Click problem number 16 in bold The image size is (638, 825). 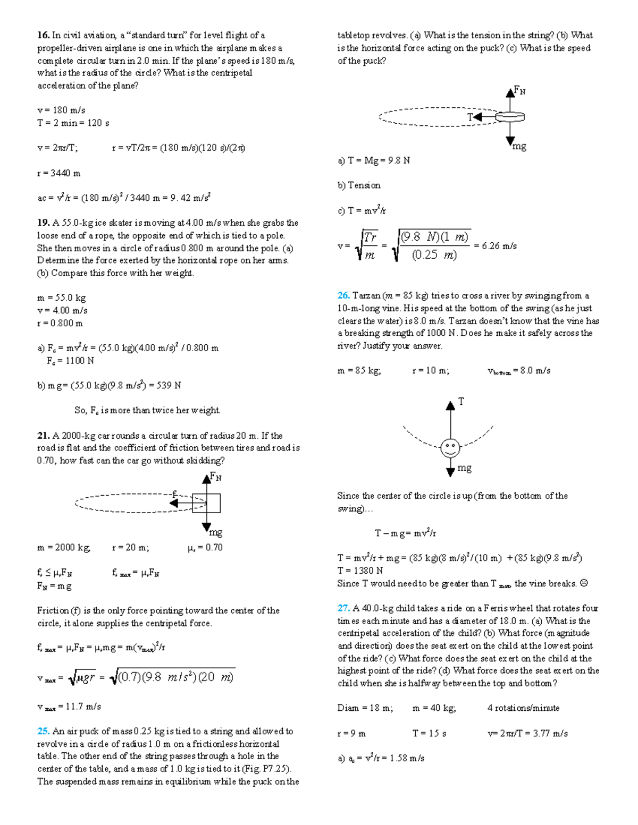(43, 36)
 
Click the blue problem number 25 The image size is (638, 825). (43, 732)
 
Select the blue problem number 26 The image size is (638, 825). (343, 296)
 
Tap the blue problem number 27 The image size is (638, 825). (343, 608)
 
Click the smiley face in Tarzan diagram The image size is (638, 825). (450, 448)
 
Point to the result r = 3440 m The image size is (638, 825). (58, 173)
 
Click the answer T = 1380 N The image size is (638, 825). (360, 571)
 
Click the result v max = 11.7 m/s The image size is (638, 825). (69, 707)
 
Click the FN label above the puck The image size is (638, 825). (519, 91)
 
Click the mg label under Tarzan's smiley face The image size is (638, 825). (464, 468)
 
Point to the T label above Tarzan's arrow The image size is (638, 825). (461, 402)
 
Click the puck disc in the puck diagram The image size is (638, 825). (510, 117)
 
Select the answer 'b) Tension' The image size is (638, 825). (359, 185)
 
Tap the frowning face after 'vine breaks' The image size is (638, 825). (584, 583)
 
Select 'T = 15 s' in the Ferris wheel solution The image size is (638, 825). (429, 734)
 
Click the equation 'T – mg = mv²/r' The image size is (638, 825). (405, 533)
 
